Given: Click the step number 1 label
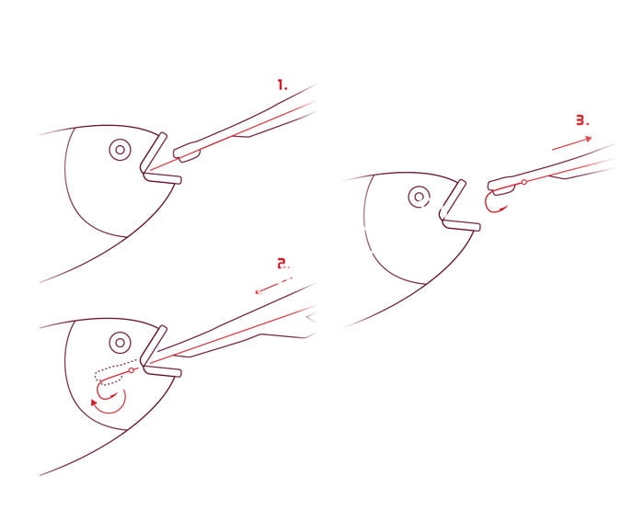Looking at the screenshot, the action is coord(282,85).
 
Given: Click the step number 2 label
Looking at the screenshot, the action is coord(283,264).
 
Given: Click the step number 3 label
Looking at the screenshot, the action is coord(582,120).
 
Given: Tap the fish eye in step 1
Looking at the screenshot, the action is coord(120,150).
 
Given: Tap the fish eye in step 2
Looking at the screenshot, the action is coord(120,342).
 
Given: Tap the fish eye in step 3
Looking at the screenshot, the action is coord(419,197).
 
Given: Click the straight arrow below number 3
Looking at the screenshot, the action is coord(571,143).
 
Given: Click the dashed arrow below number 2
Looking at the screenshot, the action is coord(274,286).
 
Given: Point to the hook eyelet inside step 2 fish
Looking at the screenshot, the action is coord(132,370).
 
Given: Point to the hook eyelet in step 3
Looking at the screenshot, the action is coord(524,182).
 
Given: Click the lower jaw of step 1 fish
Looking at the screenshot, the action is coord(163,178).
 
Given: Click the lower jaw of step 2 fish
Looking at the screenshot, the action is coord(163,371).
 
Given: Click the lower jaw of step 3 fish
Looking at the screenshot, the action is coord(462,225).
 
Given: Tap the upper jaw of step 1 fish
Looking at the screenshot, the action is coord(154,153).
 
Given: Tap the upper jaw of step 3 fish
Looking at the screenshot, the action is coord(453,199).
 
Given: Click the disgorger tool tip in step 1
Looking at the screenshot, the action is coord(187,153).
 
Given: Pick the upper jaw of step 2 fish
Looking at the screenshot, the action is coord(154,345).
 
